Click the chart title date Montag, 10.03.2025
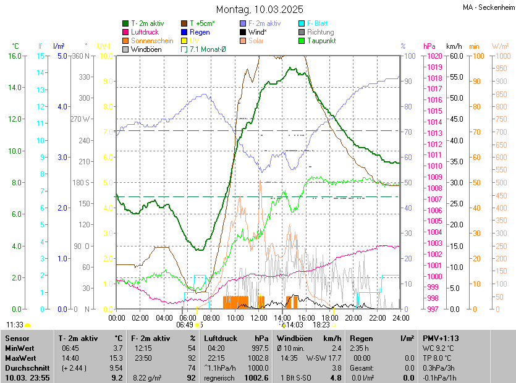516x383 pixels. coord(260,9)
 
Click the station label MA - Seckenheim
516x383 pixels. coord(488,7)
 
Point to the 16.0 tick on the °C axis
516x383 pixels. coord(14,56)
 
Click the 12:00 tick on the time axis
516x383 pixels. coord(258,318)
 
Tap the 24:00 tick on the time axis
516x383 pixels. coord(400,318)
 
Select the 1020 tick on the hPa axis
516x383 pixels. coord(433,56)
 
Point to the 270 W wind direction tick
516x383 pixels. coord(81,119)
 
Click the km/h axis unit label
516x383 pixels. coord(454,46)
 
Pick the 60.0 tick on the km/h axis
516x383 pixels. coord(456,56)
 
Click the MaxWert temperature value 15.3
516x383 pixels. coord(117,358)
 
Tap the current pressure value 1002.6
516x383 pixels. coord(256,377)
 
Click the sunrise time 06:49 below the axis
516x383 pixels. coord(185,324)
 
